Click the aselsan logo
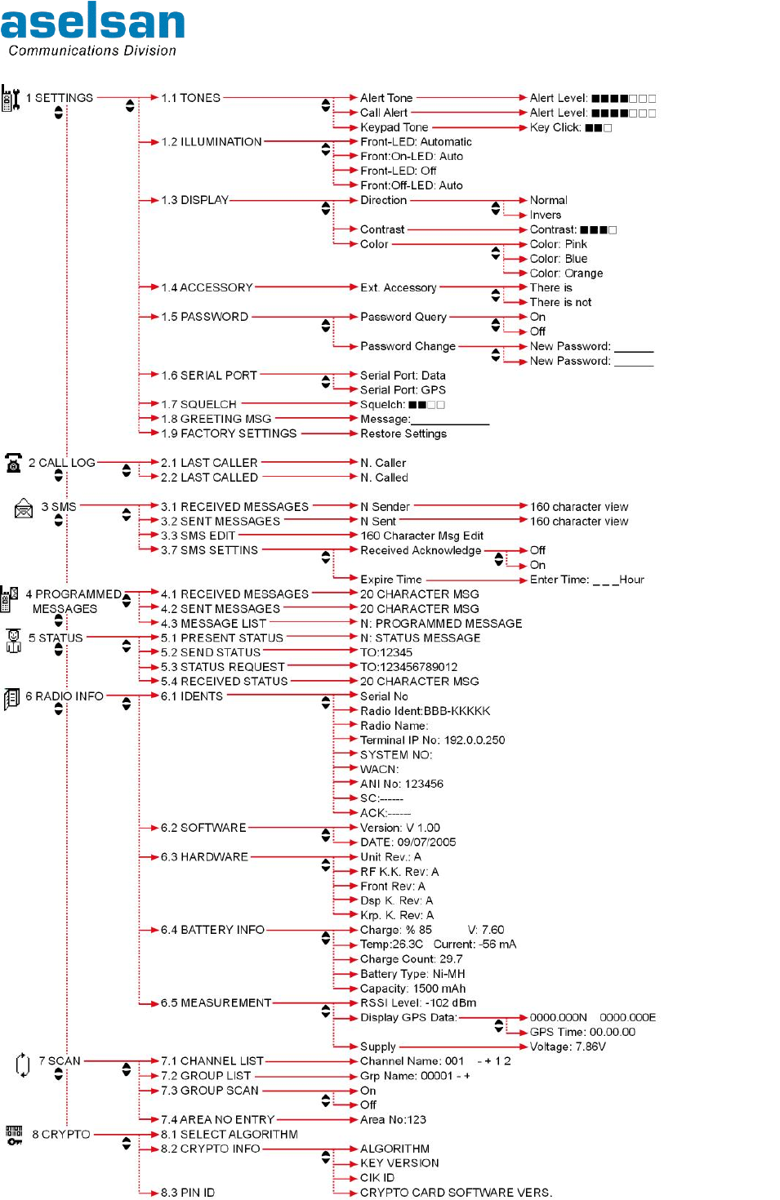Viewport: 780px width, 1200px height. click(x=92, y=21)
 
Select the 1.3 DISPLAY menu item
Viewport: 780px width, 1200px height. click(x=194, y=200)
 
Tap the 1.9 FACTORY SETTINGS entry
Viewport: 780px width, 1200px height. click(x=229, y=433)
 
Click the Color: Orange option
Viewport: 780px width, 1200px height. click(x=566, y=273)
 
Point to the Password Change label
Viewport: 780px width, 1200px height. click(x=408, y=346)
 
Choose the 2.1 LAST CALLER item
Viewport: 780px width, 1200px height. click(x=209, y=463)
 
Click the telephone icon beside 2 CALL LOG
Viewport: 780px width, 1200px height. click(x=14, y=463)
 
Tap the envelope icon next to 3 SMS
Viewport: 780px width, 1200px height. click(x=24, y=509)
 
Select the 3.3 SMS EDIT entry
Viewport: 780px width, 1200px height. click(x=198, y=536)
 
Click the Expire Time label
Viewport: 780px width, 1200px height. click(x=391, y=580)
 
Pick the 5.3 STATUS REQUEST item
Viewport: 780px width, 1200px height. click(x=223, y=667)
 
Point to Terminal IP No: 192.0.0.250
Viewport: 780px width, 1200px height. click(x=432, y=740)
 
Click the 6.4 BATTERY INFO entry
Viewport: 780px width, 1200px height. click(x=212, y=930)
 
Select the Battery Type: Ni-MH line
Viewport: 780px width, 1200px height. click(x=412, y=974)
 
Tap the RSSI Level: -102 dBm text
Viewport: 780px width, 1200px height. click(x=418, y=1002)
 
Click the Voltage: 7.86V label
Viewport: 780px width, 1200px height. click(x=568, y=1047)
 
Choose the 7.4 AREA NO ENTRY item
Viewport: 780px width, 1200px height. click(x=217, y=1120)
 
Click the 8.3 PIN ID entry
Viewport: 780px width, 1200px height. click(x=188, y=1193)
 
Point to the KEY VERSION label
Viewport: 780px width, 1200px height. click(x=399, y=1163)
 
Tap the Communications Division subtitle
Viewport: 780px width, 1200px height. click(x=92, y=51)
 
